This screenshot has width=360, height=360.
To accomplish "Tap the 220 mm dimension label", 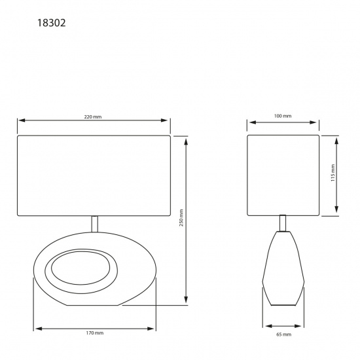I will coord(92,116).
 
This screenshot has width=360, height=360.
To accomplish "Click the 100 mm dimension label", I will coord(283,116).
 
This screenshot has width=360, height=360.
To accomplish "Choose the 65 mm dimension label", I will coord(283,334).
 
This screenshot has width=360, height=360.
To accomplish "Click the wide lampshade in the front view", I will coord(94,175).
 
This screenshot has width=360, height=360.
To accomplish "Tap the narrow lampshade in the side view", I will coord(283,175).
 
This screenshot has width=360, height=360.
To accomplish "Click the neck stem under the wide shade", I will coord(94,223).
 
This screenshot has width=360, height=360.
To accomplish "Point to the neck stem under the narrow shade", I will coord(283,223).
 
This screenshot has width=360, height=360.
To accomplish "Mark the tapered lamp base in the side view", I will coord(283,268).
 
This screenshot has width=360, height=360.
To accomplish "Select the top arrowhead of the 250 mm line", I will coord(187,139).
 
